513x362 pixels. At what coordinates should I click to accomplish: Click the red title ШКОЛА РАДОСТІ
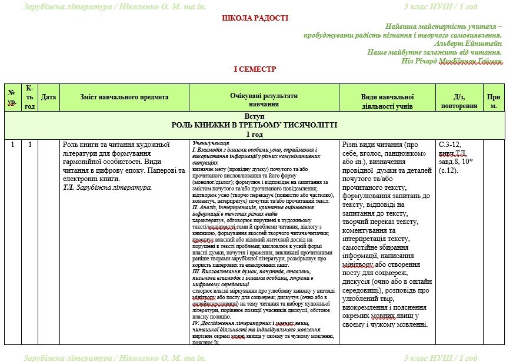point(255,18)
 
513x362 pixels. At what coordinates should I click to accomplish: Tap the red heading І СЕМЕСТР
point(255,69)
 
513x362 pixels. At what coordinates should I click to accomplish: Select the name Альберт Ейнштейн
point(468,43)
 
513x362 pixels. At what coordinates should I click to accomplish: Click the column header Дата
point(49,97)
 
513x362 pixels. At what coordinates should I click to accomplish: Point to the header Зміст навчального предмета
point(124,97)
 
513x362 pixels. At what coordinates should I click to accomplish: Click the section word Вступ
point(254,116)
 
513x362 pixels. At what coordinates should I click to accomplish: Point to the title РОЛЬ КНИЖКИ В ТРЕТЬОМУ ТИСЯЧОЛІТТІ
point(254,125)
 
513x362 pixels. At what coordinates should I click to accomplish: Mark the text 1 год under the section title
point(254,134)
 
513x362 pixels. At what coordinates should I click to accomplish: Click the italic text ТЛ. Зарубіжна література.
point(107,187)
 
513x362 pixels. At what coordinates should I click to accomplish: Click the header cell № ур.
point(11,97)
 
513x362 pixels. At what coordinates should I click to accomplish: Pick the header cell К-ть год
point(29,97)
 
